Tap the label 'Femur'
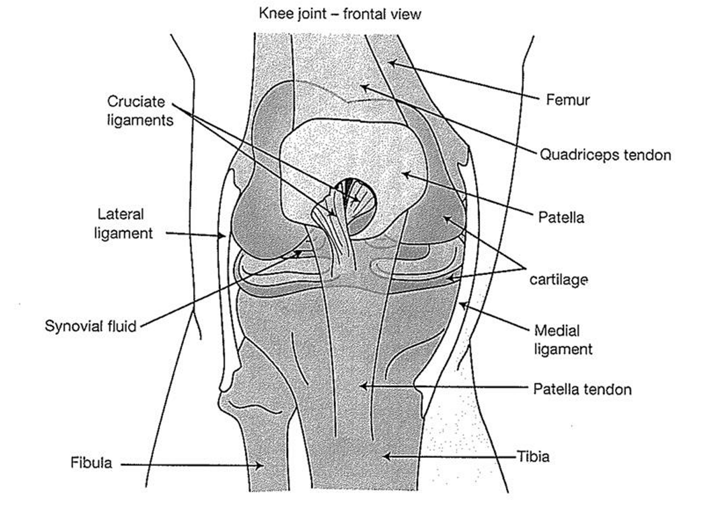click(568, 100)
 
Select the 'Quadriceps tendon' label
click(605, 155)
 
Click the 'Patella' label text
click(561, 218)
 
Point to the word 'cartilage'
click(558, 280)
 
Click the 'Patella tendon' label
click(582, 389)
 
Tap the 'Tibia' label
click(533, 456)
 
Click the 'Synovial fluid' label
click(91, 326)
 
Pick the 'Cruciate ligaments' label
click(140, 110)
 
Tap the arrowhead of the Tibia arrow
click(383, 456)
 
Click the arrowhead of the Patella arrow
click(402, 174)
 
